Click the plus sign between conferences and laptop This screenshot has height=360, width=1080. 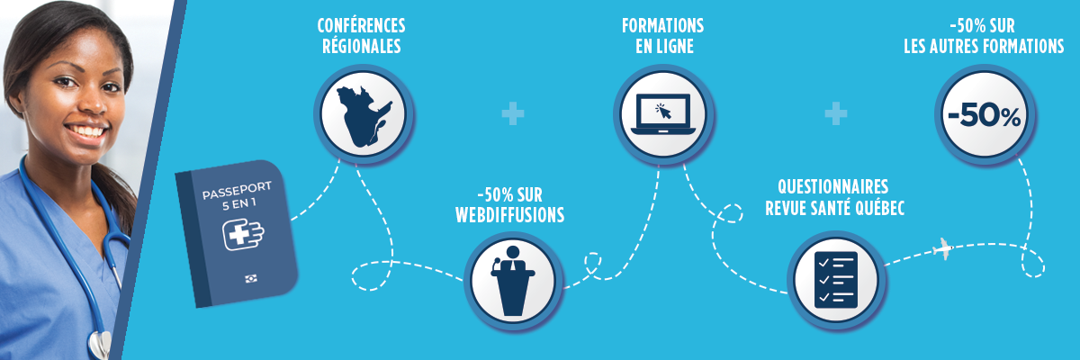(x=513, y=113)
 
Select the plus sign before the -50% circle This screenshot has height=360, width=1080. (x=836, y=113)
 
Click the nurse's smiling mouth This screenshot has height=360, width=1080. (x=85, y=131)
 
